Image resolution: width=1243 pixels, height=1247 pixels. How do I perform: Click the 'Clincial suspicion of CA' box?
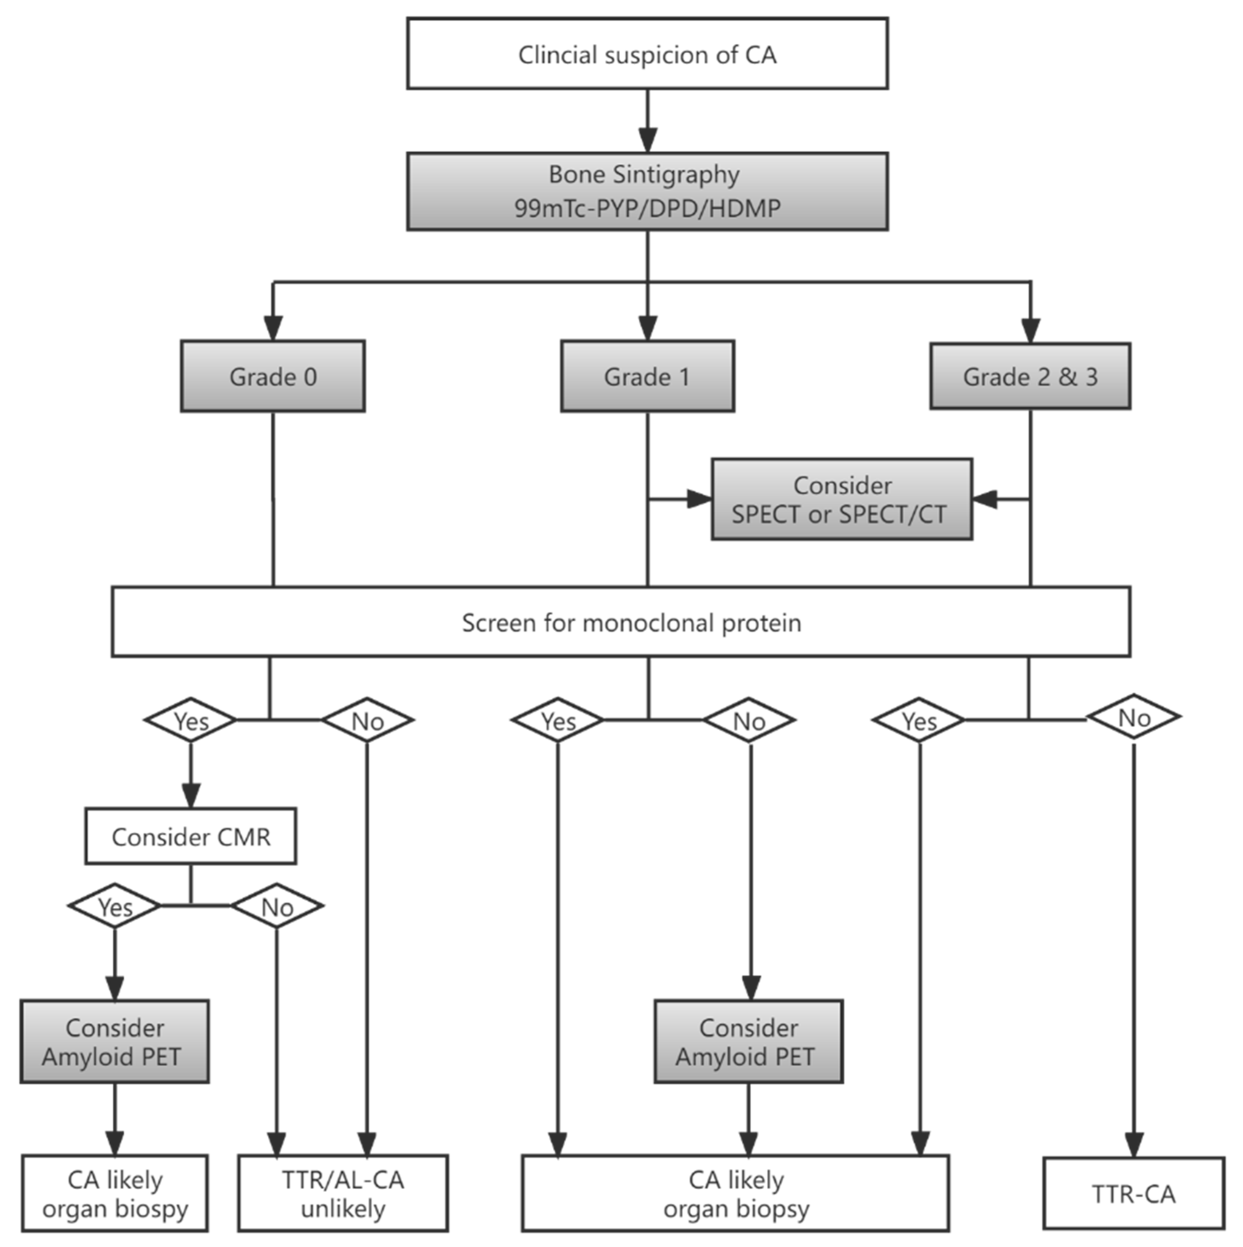[x=647, y=53]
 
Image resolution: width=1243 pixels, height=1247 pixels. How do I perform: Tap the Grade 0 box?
[x=273, y=376]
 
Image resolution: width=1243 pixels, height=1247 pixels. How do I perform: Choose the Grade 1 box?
[x=647, y=376]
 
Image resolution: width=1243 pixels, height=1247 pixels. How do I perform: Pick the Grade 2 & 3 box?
[x=1030, y=376]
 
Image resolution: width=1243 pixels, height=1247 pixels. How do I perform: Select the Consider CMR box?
[x=190, y=836]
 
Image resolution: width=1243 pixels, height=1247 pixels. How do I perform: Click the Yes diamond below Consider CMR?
[x=114, y=906]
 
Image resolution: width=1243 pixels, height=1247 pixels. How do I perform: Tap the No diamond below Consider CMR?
[x=277, y=906]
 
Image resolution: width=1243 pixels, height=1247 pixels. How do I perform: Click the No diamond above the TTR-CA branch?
[x=1134, y=717]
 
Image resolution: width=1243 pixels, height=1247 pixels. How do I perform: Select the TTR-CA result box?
[x=1133, y=1194]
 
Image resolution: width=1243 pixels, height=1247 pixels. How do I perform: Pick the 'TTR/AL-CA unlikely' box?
[x=343, y=1194]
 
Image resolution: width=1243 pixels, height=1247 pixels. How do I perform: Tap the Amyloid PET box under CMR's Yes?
[x=114, y=1042]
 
